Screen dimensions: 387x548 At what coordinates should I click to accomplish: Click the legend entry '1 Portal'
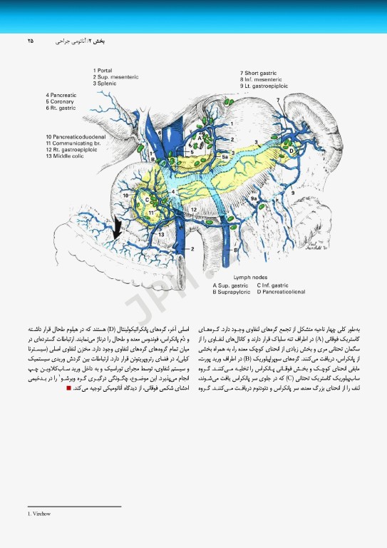105,71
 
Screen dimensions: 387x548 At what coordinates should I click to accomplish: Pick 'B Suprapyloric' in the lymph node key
233,291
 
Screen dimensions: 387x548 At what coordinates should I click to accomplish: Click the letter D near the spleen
290,151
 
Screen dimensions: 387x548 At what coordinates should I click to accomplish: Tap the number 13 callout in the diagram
162,234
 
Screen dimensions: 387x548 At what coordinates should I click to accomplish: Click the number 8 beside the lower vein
237,247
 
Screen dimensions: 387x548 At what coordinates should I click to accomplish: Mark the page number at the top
30,41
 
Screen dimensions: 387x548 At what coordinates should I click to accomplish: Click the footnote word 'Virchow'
38,512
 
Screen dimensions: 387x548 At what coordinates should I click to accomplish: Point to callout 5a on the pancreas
225,156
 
